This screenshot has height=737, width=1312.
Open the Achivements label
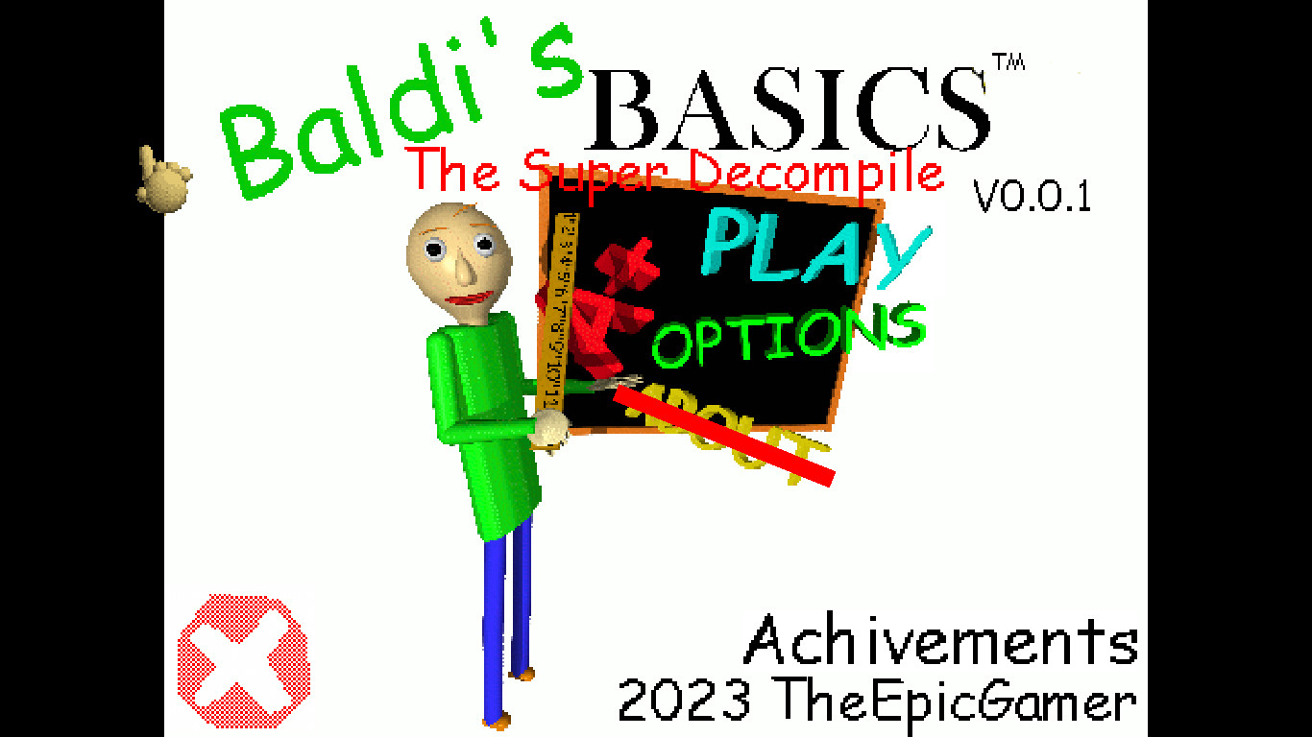pos(941,641)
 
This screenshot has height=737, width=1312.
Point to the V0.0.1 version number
pos(1033,197)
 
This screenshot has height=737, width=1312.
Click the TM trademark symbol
pos(1008,62)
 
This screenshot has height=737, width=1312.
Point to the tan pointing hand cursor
pos(163,179)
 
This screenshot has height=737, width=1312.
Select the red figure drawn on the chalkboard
pos(605,307)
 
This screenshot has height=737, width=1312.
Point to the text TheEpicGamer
pos(956,701)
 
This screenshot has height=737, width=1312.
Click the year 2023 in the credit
pos(684,701)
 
